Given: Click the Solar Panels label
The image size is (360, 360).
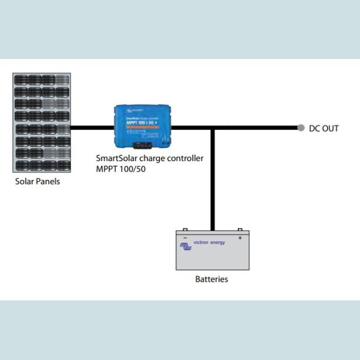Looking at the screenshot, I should click(37, 182).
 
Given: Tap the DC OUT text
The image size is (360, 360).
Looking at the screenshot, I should click(324, 128).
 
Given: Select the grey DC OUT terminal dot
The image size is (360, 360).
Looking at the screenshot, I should click(301, 127).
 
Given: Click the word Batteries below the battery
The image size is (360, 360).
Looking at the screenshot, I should click(211, 279).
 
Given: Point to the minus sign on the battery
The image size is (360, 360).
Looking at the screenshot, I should click(185, 238).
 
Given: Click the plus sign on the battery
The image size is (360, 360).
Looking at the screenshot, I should click(240, 238).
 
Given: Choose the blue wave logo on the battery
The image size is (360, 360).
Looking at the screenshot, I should click(186, 247).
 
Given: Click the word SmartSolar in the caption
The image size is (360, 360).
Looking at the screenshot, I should click(116, 159).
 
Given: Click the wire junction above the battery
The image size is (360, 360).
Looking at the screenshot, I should click(213, 127).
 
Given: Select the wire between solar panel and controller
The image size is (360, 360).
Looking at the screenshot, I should click(93, 127).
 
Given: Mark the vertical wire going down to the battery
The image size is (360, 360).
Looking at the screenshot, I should click(213, 177).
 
